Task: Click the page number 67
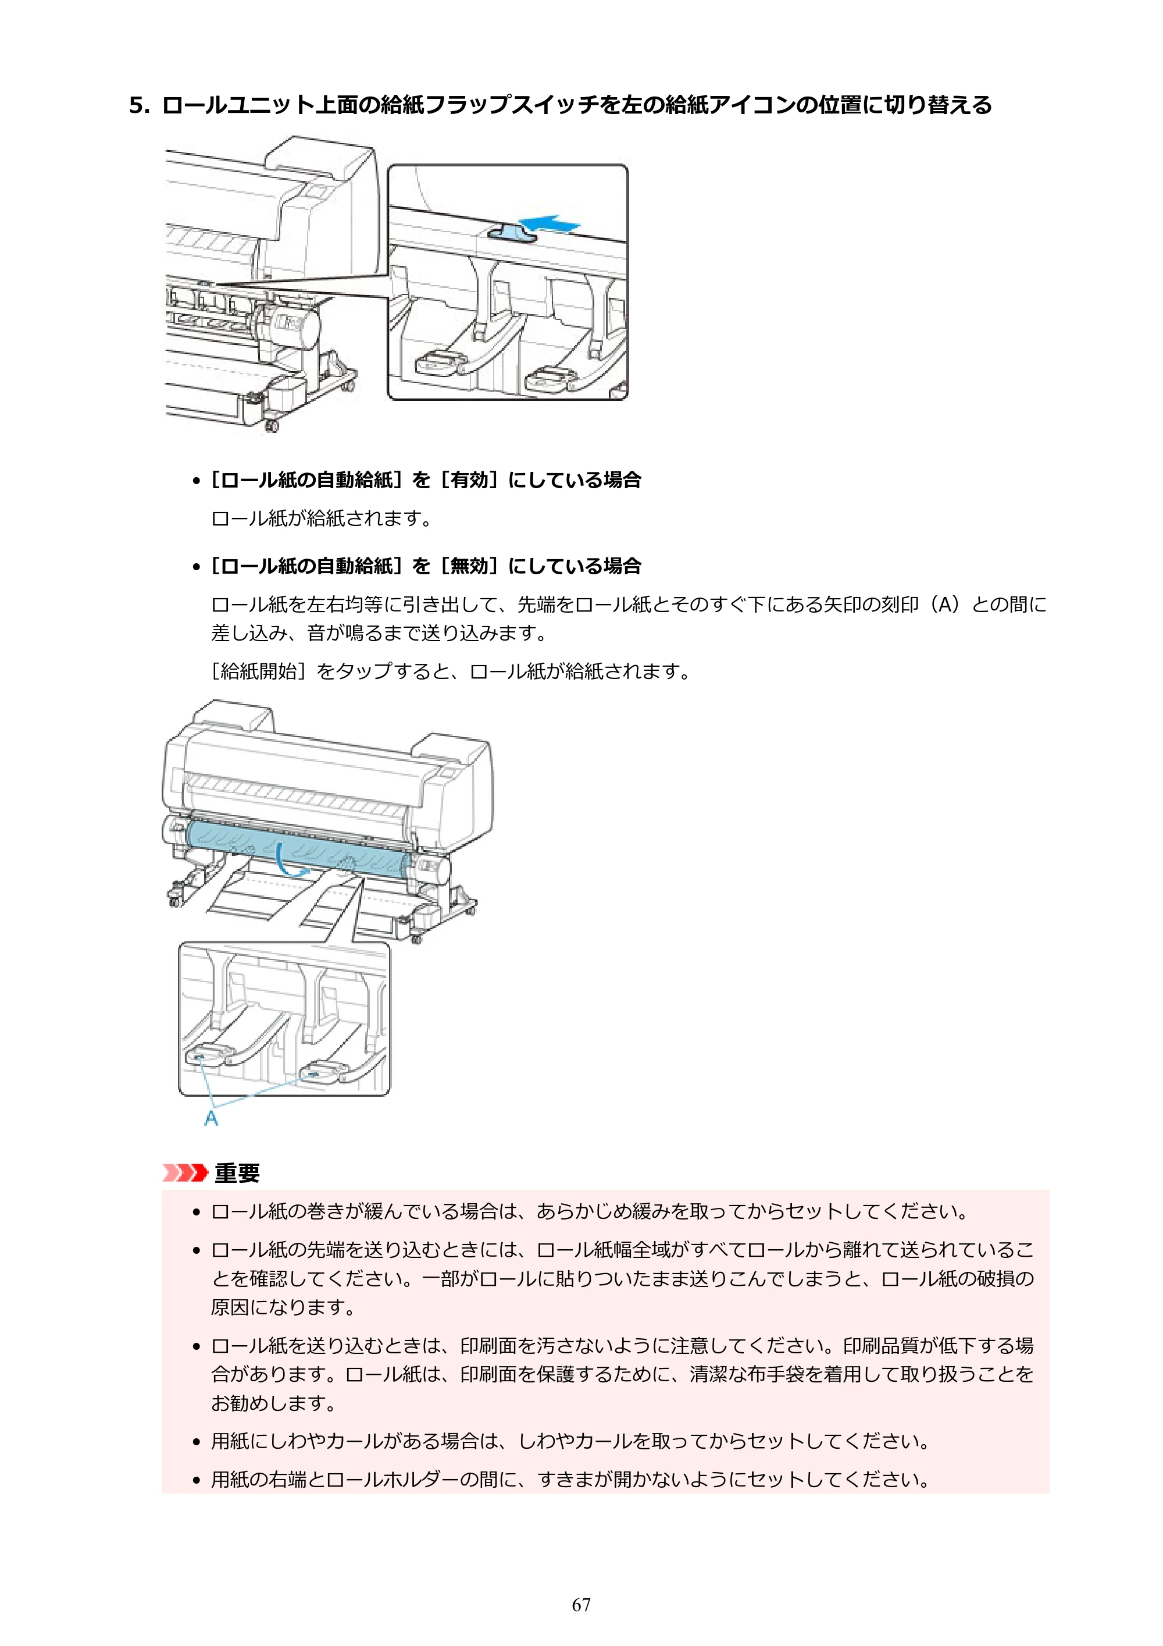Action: point(581,1605)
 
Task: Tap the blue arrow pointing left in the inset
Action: point(548,223)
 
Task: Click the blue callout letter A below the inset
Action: point(211,1118)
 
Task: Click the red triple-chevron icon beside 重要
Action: point(185,1173)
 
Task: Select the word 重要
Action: point(237,1173)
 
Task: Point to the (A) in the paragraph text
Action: point(944,605)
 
